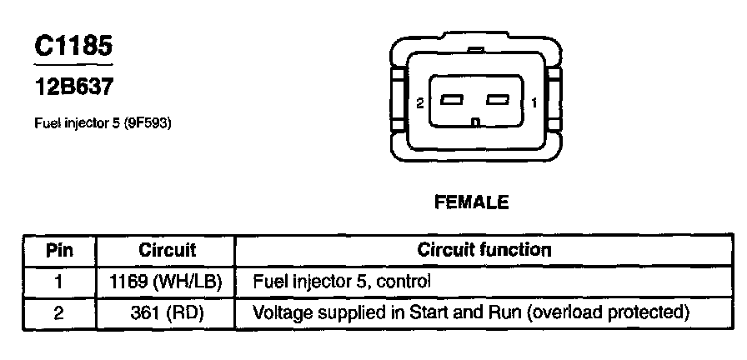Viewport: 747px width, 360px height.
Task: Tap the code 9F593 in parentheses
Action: coord(153,123)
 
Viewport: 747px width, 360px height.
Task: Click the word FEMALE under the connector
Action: coord(471,202)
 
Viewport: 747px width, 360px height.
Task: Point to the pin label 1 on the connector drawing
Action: coord(533,102)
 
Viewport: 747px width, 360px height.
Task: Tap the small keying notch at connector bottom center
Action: coord(474,124)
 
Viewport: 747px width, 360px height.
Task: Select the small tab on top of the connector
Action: coord(475,49)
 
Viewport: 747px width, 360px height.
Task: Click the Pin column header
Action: coord(59,250)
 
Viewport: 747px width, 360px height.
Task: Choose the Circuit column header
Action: coord(167,250)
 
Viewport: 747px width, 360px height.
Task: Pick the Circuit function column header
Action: coord(484,250)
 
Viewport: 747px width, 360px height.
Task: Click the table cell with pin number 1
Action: coord(59,281)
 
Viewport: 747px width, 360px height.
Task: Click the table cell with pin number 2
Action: coord(59,313)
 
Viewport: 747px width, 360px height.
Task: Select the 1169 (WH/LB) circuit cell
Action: coord(166,281)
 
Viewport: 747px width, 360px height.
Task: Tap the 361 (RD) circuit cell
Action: coord(166,313)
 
